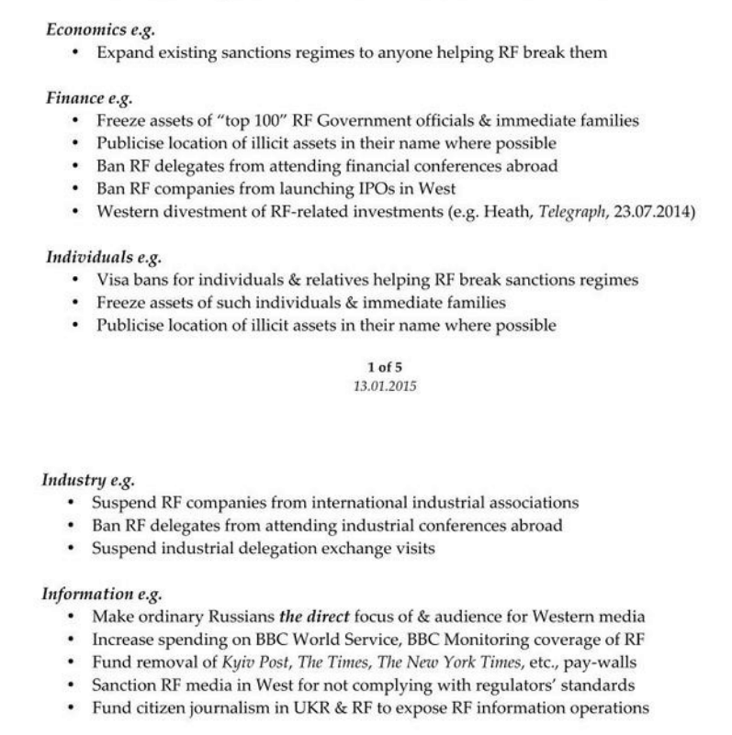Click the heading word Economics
click(82, 30)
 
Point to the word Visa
click(112, 279)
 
